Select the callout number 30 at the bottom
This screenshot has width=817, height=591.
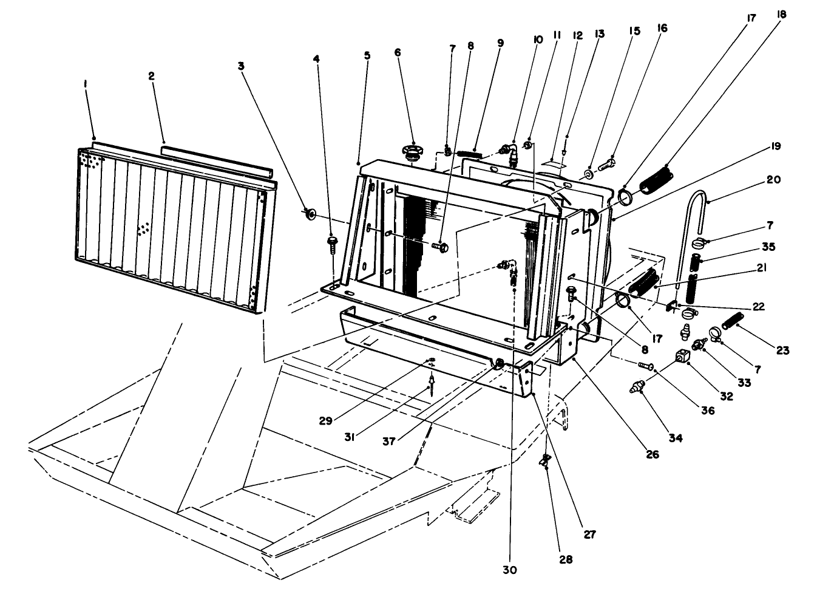[510, 570]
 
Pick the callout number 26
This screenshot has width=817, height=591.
[653, 454]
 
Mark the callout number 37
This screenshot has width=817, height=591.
[389, 442]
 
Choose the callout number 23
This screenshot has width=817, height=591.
[782, 350]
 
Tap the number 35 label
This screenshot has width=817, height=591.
[768, 247]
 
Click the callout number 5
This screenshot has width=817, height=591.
[367, 55]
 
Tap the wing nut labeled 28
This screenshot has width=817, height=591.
[544, 462]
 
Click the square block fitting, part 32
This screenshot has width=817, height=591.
[682, 356]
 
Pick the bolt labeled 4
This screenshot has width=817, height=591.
[332, 242]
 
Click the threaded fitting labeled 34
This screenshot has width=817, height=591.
[637, 387]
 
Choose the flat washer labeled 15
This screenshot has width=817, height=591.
[589, 175]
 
